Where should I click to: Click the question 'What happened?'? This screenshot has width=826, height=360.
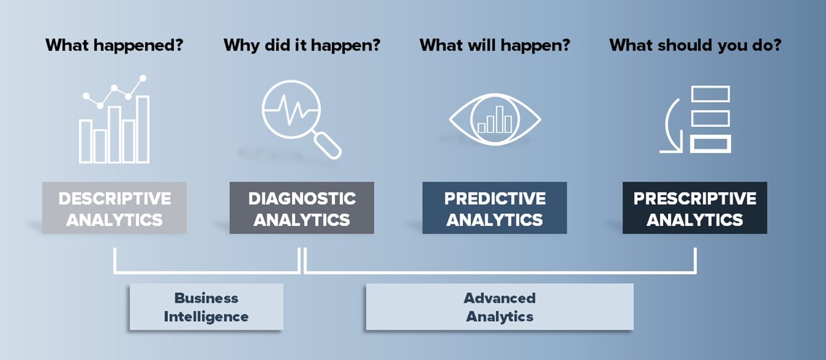114,45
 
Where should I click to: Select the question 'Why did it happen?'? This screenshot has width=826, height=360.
302,45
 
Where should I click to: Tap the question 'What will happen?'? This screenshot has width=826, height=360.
495,45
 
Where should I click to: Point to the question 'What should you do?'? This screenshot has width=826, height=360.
696,45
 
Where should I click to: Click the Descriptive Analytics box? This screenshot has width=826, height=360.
114,208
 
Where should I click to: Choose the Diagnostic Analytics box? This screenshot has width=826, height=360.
302,208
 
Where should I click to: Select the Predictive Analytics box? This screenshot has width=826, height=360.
495,208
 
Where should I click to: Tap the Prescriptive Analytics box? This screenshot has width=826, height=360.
695,208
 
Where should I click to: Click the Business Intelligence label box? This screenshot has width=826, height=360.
206,307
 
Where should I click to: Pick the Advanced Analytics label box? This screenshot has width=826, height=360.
499,307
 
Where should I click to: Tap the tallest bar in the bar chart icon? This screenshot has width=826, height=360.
143,130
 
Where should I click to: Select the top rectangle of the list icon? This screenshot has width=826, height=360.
711,94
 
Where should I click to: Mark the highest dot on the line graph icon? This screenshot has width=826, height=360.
142,78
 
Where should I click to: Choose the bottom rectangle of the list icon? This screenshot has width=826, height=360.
711,143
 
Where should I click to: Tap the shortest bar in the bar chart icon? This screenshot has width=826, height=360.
100,146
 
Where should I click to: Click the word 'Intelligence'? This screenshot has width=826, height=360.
206,317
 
